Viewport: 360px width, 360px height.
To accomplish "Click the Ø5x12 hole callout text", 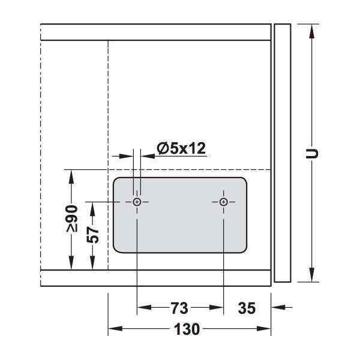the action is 181,148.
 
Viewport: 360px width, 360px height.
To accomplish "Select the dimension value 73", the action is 179,308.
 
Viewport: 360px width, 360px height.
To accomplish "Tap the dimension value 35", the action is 247,308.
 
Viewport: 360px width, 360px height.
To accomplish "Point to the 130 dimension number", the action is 187,329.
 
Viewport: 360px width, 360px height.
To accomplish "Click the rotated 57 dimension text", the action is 93,235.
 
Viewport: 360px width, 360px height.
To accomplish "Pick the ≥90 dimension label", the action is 71,218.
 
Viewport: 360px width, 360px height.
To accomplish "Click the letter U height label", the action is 312,154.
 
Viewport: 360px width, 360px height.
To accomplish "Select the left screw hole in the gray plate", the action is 137,202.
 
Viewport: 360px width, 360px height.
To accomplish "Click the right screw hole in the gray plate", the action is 223,202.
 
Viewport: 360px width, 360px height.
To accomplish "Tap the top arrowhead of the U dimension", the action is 311,31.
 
